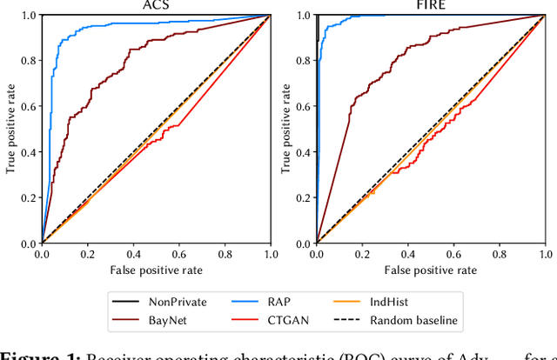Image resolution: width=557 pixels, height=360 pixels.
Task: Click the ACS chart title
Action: coord(156,6)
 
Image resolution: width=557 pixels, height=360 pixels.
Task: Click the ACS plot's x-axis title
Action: coord(156,271)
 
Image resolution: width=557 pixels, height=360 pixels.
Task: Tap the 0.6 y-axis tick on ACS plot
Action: coord(28,107)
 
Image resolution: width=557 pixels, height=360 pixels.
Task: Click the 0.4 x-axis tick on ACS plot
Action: coord(133,254)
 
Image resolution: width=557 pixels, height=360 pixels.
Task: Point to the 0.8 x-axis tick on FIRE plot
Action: coord(500,254)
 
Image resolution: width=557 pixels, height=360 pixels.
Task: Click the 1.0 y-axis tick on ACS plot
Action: coord(28,16)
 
